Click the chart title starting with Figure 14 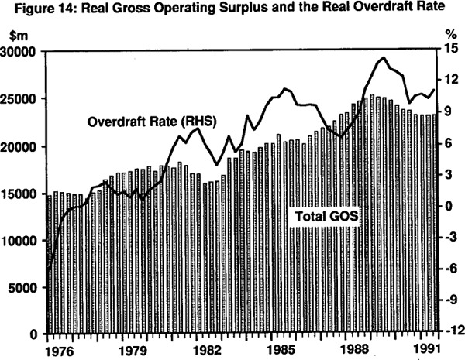232,10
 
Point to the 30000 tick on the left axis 22,52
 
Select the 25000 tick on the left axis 22,99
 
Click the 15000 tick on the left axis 22,194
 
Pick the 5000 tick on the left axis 26,288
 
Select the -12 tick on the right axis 453,331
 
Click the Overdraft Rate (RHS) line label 151,122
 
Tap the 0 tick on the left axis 36,335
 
